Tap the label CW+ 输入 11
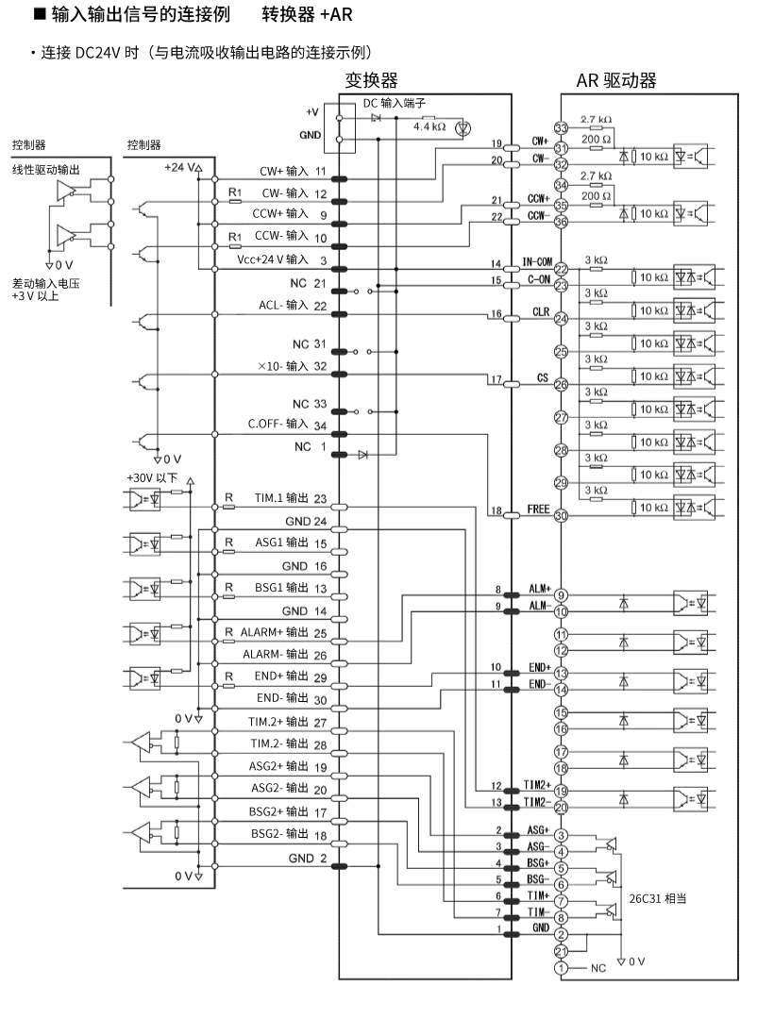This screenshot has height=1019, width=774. coord(293,173)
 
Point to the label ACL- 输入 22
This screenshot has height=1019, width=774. coord(292,305)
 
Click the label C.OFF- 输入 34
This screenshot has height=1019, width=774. coord(287,425)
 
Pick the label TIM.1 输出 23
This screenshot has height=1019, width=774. coord(289,499)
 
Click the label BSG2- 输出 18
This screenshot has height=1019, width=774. coord(288,834)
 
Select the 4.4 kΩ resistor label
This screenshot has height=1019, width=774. coord(429,125)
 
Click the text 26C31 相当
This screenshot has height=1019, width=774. coord(657,898)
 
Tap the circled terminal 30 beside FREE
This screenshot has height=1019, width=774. coord(561,515)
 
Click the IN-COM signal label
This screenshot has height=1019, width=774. coord(536,261)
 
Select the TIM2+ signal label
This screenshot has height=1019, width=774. coord(535,785)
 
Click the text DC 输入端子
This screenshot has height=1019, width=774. coord(395,104)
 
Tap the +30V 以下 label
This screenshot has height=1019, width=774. coord(152,477)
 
